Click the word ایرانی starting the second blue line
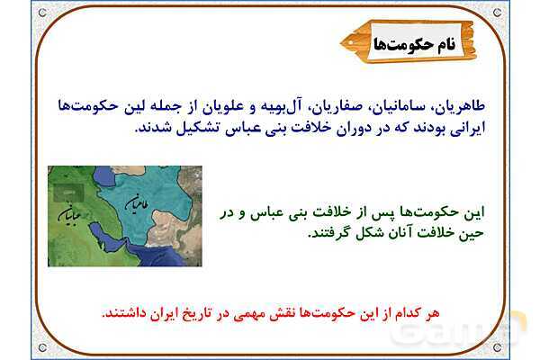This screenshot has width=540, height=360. (468, 128)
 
